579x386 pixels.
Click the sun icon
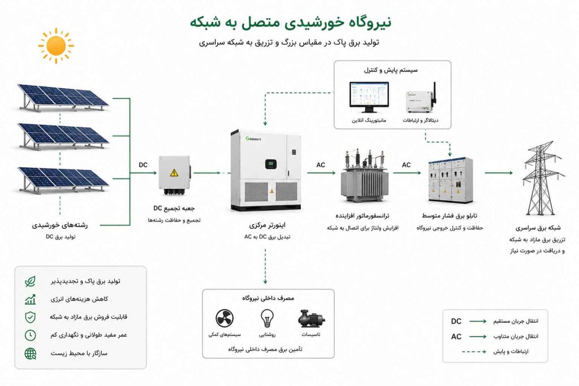(56, 46)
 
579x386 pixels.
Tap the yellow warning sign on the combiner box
(174, 172)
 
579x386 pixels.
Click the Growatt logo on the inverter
(253, 139)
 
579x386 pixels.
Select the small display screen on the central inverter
(271, 164)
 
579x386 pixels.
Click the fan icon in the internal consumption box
(224, 318)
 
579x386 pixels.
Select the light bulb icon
(267, 318)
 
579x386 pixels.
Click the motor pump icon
(312, 319)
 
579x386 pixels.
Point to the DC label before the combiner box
(143, 165)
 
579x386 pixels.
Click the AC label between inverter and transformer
(321, 165)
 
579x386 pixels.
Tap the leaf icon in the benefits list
(31, 281)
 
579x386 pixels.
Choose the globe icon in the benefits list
(31, 354)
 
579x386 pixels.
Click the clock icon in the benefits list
(31, 335)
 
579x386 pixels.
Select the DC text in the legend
(456, 322)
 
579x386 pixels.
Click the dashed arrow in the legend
(474, 352)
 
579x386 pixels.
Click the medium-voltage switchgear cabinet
(451, 180)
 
